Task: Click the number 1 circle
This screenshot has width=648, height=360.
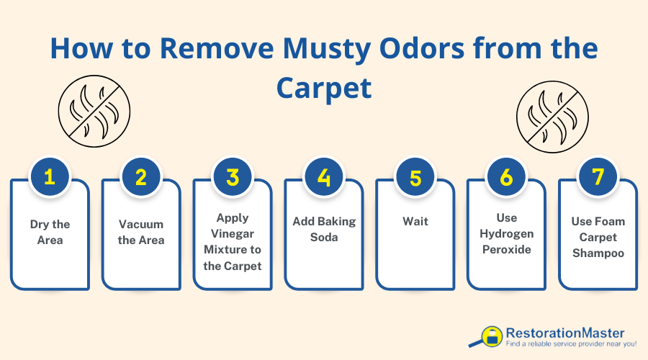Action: [x=50, y=177]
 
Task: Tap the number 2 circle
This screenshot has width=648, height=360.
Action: [x=141, y=177]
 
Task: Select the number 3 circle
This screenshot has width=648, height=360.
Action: [x=233, y=177]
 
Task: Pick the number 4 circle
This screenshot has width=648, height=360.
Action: [x=324, y=177]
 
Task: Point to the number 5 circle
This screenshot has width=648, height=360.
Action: [x=415, y=177]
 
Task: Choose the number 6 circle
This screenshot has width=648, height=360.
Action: [x=507, y=177]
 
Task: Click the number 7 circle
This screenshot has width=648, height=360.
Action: [x=598, y=177]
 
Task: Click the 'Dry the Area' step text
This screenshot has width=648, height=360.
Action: [x=50, y=232]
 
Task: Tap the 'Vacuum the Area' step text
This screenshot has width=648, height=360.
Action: [x=141, y=232]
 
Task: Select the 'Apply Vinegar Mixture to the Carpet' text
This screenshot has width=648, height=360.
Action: [x=233, y=240]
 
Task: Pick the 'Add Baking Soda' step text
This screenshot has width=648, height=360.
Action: [x=324, y=228]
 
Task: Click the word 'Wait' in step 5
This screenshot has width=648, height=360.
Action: [x=415, y=220]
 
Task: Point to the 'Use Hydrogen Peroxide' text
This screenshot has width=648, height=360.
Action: [x=507, y=233]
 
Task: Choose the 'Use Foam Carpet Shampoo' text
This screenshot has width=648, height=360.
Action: [x=598, y=237]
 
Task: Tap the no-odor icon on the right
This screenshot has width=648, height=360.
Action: [x=548, y=112]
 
